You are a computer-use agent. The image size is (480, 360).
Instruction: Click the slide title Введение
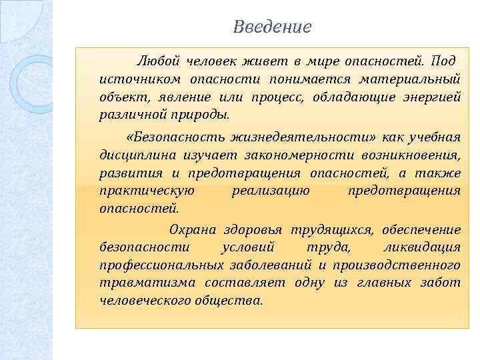coord(272,27)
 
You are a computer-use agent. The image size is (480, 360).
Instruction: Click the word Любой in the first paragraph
coord(158,62)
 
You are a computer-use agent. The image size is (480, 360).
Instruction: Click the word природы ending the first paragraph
coord(204,114)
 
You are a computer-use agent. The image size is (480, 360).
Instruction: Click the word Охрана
coord(193,230)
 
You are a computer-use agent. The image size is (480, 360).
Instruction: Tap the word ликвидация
coord(426,247)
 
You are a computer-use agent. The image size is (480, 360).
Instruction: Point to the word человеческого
coord(141,300)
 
